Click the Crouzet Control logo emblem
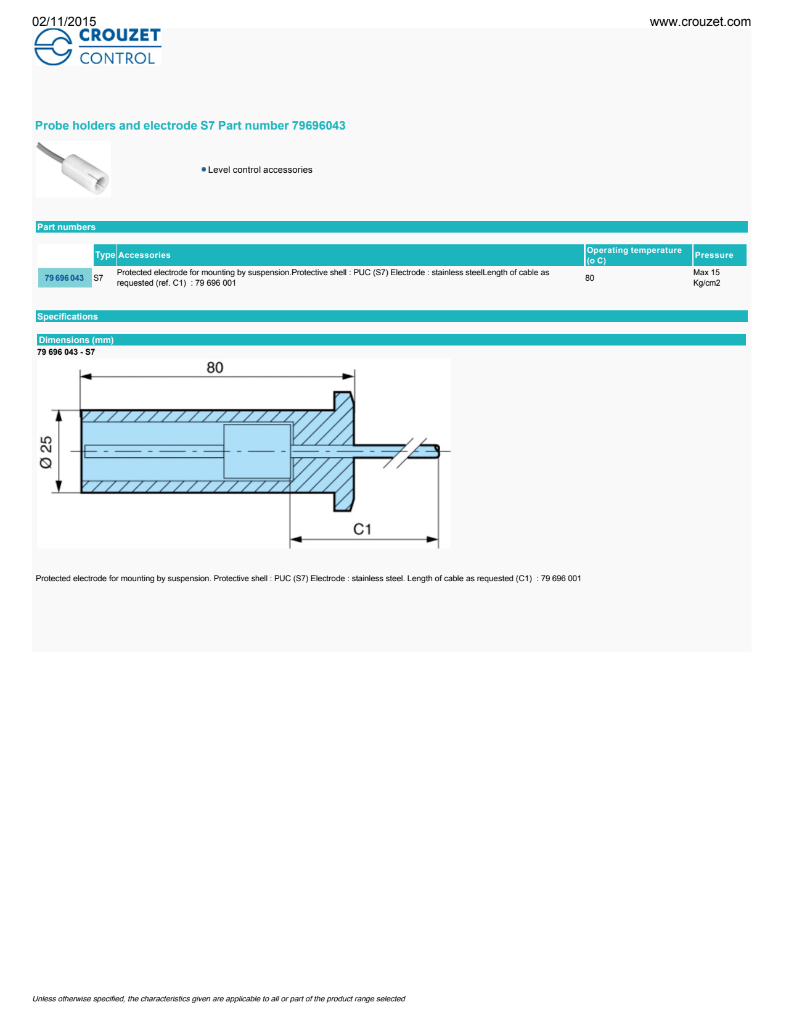coord(53,48)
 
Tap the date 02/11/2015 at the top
coord(64,22)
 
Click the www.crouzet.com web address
coord(700,22)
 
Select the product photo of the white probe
coord(73,169)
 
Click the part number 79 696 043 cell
coord(64,278)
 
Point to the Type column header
coord(105,255)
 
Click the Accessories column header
coord(144,255)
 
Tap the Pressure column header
coord(714,255)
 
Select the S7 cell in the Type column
coord(99,278)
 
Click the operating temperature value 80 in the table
coord(590,278)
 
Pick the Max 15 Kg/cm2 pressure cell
coord(706,278)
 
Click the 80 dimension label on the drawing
coord(215,368)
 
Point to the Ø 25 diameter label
coord(46,452)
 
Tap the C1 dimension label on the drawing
coord(362,529)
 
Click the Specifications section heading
coord(67,317)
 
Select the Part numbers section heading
coord(66,227)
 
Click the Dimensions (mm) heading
coord(76,340)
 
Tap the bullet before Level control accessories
coord(203,170)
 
